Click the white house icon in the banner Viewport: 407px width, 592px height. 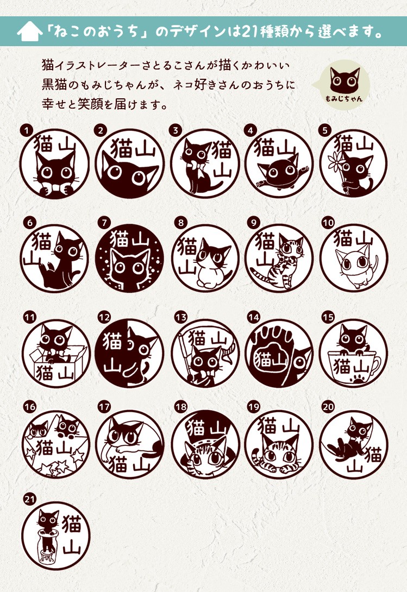point(29,31)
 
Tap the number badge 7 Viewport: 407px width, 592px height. point(104,223)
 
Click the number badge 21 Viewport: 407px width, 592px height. point(29,499)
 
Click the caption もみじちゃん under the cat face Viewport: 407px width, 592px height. point(344,99)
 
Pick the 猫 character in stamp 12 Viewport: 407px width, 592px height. point(112,341)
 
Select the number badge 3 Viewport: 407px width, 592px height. point(176,131)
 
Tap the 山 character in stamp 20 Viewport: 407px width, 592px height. point(354,468)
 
